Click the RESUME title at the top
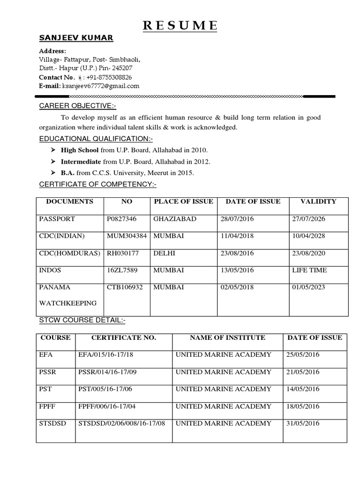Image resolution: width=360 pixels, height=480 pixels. pyautogui.click(x=180, y=25)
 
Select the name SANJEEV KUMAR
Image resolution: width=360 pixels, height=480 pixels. pyautogui.click(x=76, y=38)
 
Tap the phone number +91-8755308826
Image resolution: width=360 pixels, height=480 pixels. pyautogui.click(x=109, y=77)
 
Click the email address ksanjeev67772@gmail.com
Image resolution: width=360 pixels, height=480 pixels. pyautogui.click(x=101, y=86)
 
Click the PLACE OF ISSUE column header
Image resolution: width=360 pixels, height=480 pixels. pyautogui.click(x=183, y=202)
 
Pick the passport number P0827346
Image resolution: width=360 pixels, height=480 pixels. pyautogui.click(x=121, y=219)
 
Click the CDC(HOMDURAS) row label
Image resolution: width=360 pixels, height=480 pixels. pyautogui.click(x=70, y=253)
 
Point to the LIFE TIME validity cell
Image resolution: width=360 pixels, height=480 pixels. pyautogui.click(x=309, y=270)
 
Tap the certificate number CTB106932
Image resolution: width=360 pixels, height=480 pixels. pyautogui.click(x=125, y=287)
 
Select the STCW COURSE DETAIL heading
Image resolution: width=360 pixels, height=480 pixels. pyautogui.click(x=82, y=321)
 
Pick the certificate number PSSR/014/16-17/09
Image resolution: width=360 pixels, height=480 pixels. pyautogui.click(x=107, y=372)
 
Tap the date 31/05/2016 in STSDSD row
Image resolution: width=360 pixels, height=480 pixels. pyautogui.click(x=303, y=423)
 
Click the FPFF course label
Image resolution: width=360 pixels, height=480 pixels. pyautogui.click(x=48, y=406)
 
